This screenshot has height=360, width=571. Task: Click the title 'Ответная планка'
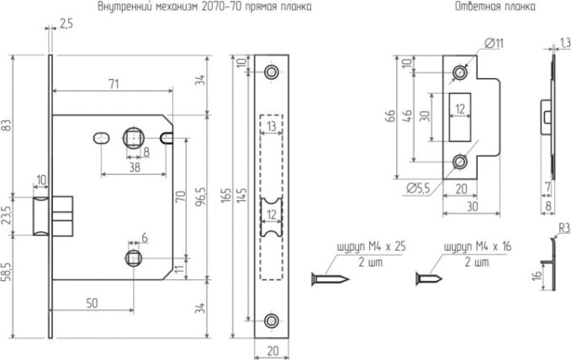[x=481, y=7]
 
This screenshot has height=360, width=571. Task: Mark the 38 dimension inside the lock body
[x=135, y=167]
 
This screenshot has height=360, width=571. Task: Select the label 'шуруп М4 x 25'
[x=347, y=246]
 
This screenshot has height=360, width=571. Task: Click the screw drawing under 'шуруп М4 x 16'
[x=432, y=277]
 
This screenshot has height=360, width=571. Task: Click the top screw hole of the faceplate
[x=271, y=72]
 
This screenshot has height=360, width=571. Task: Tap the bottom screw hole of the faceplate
[x=271, y=319]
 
